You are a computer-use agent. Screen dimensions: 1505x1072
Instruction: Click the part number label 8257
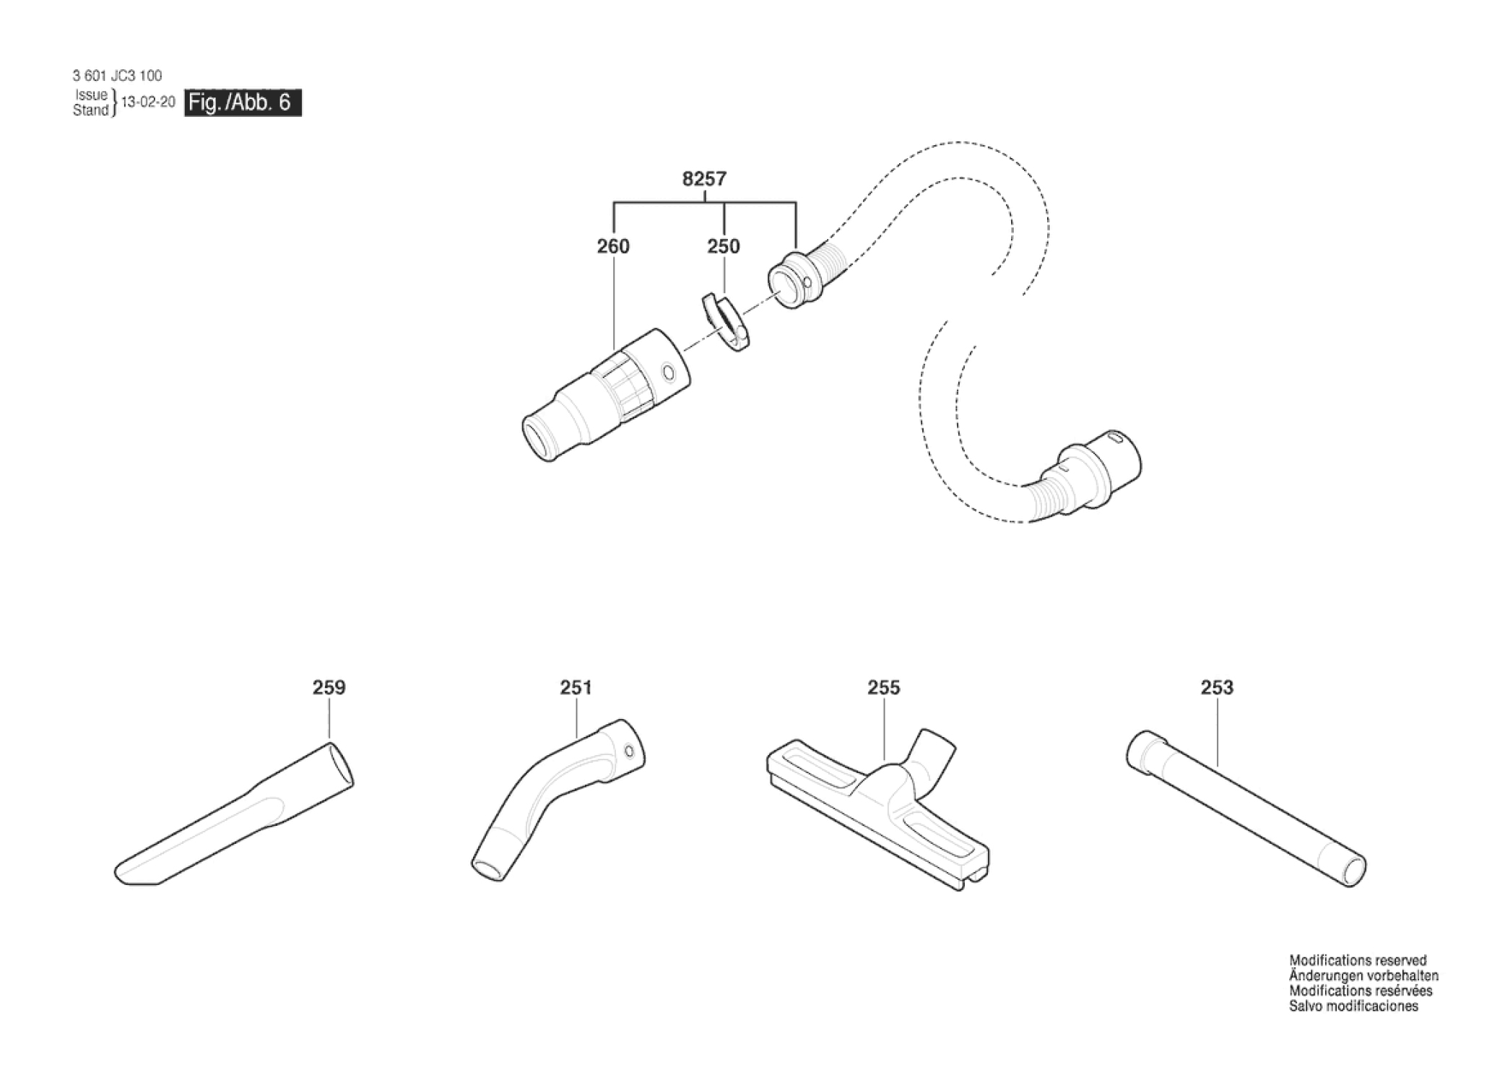[704, 179]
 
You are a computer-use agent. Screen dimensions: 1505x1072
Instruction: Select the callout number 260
[613, 247]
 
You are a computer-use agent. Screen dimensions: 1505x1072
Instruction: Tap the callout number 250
[723, 247]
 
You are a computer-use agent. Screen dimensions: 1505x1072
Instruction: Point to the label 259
[329, 688]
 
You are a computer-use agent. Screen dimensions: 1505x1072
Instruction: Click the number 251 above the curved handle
[576, 688]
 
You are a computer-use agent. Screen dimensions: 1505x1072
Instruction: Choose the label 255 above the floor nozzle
[884, 688]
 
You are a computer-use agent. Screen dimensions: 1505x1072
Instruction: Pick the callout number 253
[1217, 688]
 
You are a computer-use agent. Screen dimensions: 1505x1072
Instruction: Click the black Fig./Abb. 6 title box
[243, 103]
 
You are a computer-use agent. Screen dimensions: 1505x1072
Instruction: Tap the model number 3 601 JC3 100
[117, 76]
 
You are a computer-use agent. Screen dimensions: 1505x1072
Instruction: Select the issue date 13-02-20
[148, 103]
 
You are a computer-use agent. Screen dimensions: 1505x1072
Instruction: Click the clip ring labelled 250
[726, 321]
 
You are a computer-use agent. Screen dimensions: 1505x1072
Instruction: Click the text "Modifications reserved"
[1358, 961]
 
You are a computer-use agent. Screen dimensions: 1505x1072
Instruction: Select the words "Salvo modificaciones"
[1353, 1006]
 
